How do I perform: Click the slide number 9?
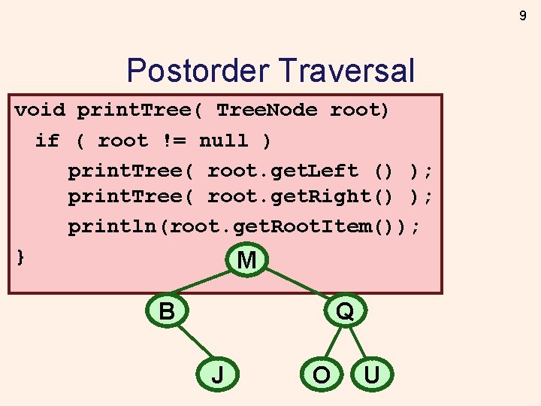pyautogui.click(x=523, y=15)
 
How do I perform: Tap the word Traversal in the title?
pyautogui.click(x=346, y=71)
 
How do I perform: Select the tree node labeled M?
pyautogui.click(x=246, y=260)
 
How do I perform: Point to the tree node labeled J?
pyautogui.click(x=217, y=374)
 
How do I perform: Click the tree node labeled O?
pyautogui.click(x=321, y=374)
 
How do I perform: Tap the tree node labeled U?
pyautogui.click(x=371, y=374)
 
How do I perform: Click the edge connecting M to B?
pyautogui.click(x=204, y=284)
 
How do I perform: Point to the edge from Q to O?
pyautogui.click(x=334, y=343)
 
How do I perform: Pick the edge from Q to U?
pyautogui.click(x=358, y=343)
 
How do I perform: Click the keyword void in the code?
pyautogui.click(x=40, y=111)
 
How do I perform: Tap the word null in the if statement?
pyautogui.click(x=223, y=141)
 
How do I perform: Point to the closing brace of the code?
pyautogui.click(x=21, y=256)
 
